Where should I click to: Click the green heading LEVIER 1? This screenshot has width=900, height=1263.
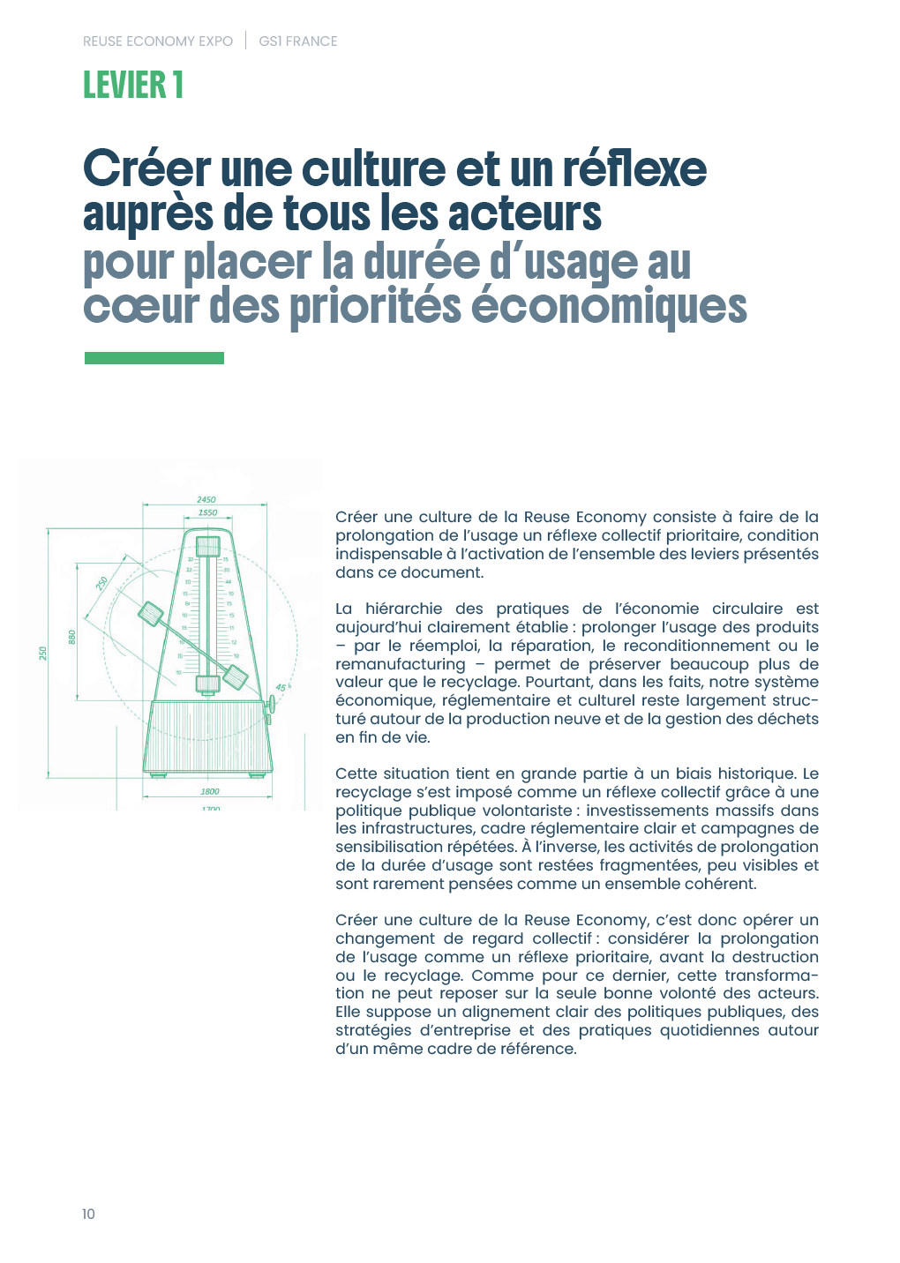[x=133, y=86]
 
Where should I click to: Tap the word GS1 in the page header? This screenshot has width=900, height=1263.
[x=269, y=41]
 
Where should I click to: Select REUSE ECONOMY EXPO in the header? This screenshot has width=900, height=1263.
[x=158, y=41]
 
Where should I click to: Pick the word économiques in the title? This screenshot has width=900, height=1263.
[x=609, y=307]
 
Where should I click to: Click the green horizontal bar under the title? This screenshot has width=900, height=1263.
[x=154, y=358]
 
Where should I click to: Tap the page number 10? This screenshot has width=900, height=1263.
[x=88, y=1214]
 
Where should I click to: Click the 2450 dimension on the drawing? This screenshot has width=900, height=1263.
[x=206, y=500]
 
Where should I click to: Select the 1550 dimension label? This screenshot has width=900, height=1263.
[x=207, y=512]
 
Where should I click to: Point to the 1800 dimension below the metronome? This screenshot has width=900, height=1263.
[x=209, y=792]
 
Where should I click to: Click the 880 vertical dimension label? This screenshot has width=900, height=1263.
[x=72, y=637]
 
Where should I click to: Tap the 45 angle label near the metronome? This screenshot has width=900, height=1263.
[x=281, y=688]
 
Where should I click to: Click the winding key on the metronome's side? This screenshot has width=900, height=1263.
[x=271, y=705]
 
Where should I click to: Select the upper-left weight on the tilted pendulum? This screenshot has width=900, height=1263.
[x=151, y=614]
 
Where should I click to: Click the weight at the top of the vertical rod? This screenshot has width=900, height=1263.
[x=208, y=546]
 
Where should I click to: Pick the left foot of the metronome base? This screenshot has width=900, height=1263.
[x=158, y=775]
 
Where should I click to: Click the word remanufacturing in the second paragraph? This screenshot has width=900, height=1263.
[x=400, y=664]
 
